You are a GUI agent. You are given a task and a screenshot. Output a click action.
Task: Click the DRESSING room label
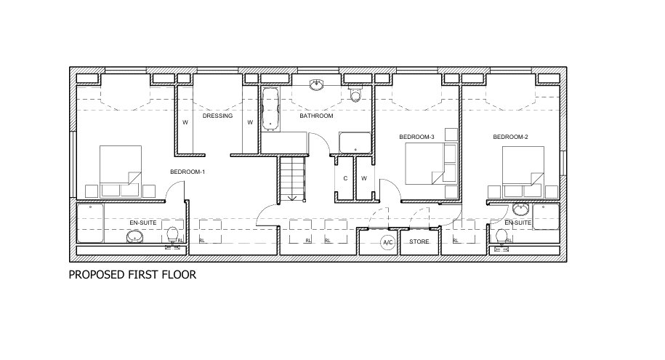pyautogui.click(x=217, y=116)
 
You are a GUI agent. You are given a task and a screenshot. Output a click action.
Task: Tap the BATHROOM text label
pyautogui.click(x=317, y=116)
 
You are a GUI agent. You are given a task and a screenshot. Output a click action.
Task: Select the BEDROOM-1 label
pyautogui.click(x=188, y=172)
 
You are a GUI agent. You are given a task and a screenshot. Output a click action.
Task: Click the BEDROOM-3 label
pyautogui.click(x=416, y=137)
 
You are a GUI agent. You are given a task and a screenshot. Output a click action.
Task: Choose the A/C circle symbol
pyautogui.click(x=387, y=242)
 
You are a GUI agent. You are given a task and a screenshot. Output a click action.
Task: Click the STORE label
pyautogui.click(x=419, y=241)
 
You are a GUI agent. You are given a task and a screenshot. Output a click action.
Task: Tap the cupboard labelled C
pyautogui.click(x=344, y=178)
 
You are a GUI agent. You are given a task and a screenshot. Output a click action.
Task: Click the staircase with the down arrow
pyautogui.click(x=292, y=178)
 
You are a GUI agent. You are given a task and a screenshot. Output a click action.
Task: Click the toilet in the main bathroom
pyautogui.click(x=355, y=94)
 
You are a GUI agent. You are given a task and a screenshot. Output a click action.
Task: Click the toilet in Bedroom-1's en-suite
pyautogui.click(x=173, y=234)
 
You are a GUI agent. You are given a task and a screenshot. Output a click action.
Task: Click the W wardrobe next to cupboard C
pyautogui.click(x=364, y=178)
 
